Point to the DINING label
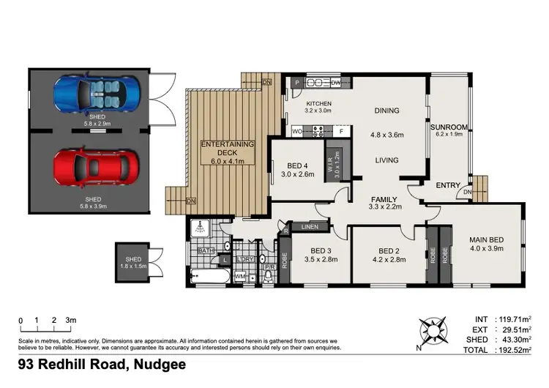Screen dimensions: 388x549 (386, 111)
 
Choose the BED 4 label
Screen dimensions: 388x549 (296, 165)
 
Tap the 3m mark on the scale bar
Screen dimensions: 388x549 (70, 320)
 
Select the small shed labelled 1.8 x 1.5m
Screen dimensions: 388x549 (135, 263)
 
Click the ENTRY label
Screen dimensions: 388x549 (448, 185)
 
